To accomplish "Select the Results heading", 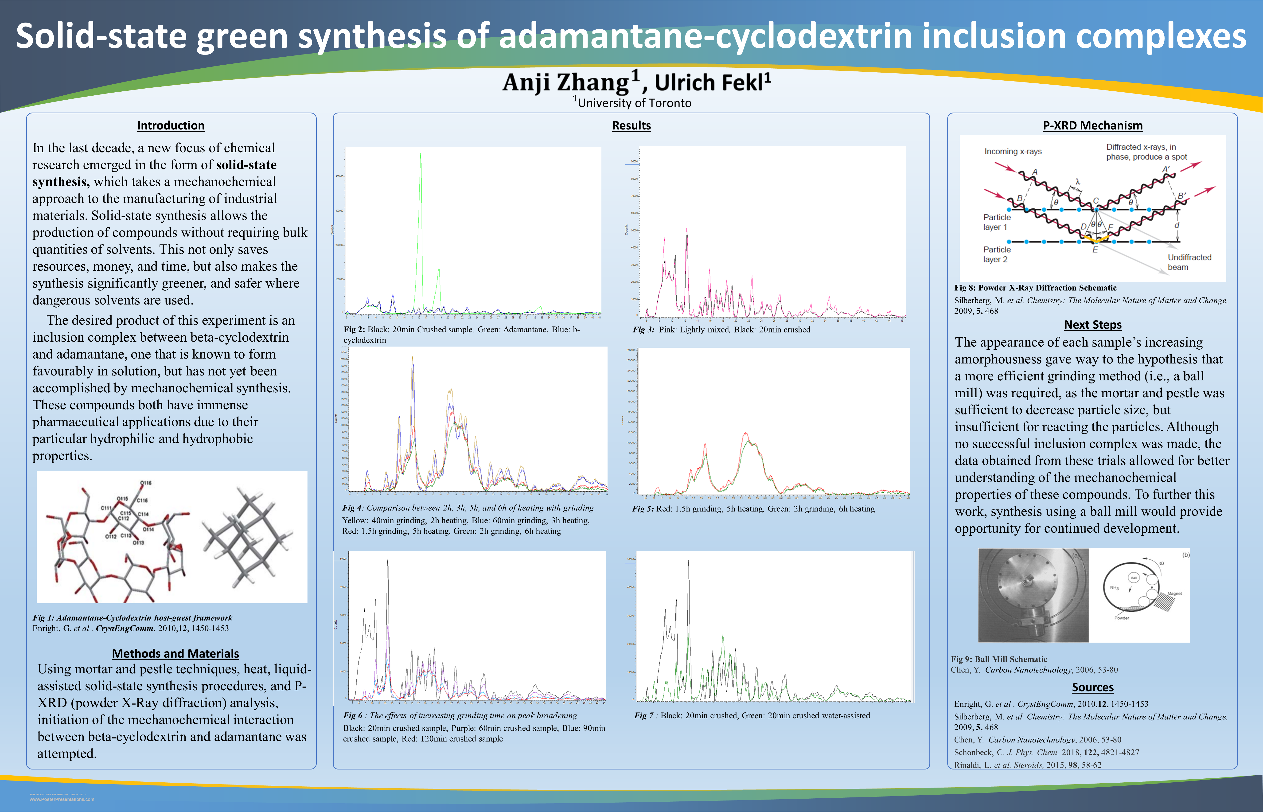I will click(631, 125).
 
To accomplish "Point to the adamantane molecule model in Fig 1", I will click(246, 538).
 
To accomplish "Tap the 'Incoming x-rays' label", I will click(1013, 151).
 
